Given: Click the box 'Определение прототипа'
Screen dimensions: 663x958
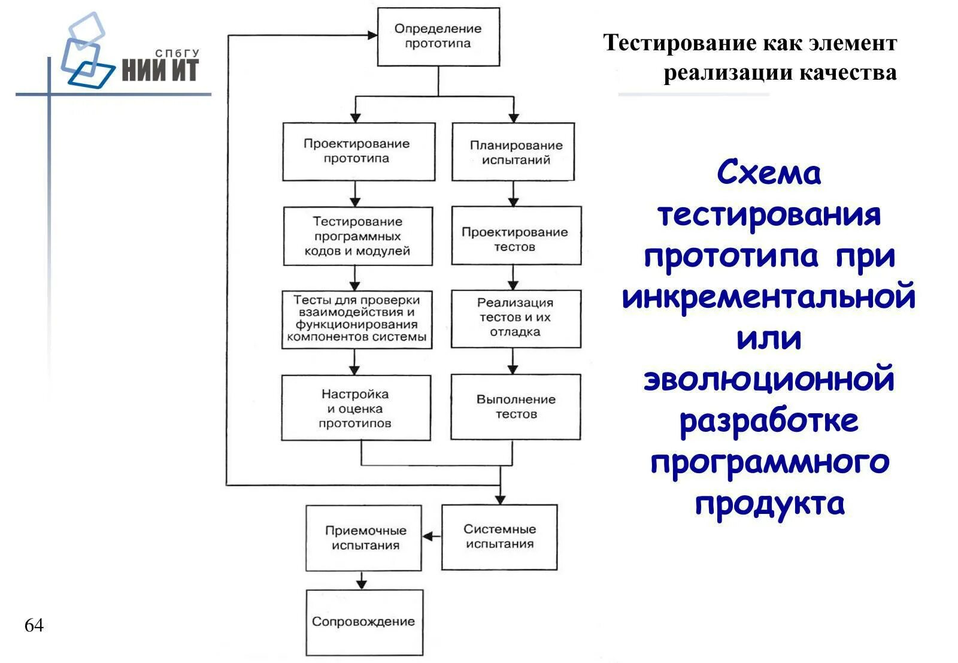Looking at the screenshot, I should click(438, 37).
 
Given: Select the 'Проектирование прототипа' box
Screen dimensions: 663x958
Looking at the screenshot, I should click(358, 152).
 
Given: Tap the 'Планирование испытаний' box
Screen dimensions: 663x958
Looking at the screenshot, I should click(513, 152).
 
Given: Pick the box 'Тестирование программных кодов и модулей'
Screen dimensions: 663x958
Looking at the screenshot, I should click(357, 236).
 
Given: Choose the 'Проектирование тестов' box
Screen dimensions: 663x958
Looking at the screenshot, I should click(516, 236).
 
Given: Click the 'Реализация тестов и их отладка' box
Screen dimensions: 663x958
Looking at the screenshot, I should click(516, 319).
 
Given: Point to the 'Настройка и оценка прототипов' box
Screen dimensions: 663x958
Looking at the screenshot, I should click(356, 408).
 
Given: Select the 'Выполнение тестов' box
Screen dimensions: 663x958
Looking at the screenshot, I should click(516, 407).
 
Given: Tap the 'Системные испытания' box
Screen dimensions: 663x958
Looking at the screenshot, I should click(499, 537).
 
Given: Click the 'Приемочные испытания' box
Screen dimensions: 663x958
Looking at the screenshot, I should click(363, 538).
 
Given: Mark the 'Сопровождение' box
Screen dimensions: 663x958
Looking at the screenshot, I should click(364, 622).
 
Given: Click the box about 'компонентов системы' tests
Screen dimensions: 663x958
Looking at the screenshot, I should click(357, 319).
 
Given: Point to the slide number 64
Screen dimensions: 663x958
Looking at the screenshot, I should click(34, 625).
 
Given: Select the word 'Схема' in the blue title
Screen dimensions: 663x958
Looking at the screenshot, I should click(769, 174).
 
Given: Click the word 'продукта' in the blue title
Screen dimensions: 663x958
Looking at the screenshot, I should click(769, 504).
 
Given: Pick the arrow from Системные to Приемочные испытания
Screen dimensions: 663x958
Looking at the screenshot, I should click(431, 537).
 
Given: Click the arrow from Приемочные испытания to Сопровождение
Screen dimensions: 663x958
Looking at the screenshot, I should click(361, 580).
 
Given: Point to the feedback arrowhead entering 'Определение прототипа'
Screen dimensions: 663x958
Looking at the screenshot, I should click(372, 35).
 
